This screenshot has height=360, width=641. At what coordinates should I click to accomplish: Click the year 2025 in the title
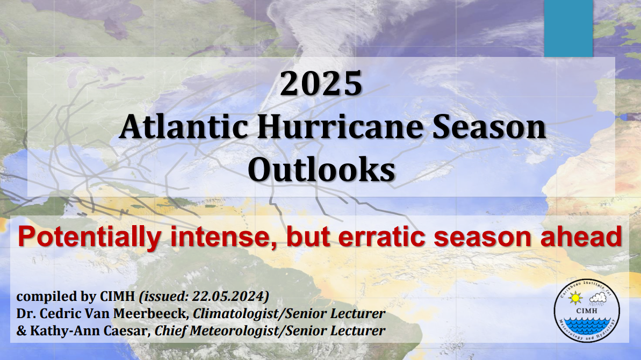[x=321, y=84]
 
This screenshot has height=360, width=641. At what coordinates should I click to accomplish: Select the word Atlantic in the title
[x=184, y=127]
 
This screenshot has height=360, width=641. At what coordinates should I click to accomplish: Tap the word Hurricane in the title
[x=341, y=127]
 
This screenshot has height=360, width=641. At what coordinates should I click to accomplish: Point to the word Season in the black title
[x=489, y=127]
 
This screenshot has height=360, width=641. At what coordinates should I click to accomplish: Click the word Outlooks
[x=321, y=170]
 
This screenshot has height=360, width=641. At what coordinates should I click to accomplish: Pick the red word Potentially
[x=89, y=237]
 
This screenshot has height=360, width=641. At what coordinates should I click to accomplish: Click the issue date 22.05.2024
[x=228, y=296]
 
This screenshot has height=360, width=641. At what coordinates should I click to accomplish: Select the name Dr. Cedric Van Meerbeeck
[x=102, y=313]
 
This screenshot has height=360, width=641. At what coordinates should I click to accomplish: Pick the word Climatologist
[x=237, y=313]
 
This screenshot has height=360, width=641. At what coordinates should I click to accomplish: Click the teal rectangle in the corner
[x=568, y=28]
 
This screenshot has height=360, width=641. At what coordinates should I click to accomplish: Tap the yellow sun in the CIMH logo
[x=575, y=298]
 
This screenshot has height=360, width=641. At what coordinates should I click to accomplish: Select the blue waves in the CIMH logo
[x=587, y=326]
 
